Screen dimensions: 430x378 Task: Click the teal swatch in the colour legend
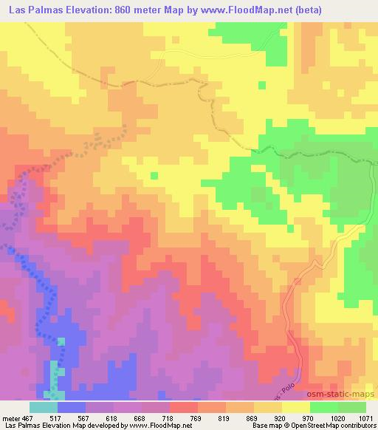coord(43,406)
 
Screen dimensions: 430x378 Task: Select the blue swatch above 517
coord(72,406)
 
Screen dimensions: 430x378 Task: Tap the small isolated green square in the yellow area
coord(154,175)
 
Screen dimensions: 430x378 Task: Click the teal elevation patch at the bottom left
coord(55,377)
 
